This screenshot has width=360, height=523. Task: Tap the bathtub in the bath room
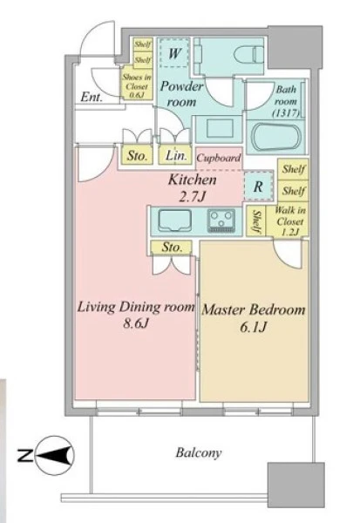(276, 137)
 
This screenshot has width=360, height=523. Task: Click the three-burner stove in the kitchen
(221, 221)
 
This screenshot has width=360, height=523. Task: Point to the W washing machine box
(173, 53)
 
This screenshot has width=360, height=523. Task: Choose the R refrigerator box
(258, 187)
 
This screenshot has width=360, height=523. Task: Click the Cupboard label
(219, 158)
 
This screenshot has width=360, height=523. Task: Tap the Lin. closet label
(176, 155)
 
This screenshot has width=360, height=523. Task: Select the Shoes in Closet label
(137, 85)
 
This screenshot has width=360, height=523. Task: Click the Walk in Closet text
(290, 221)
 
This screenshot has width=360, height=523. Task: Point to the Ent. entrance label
(91, 97)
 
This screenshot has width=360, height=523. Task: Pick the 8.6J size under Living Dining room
(135, 323)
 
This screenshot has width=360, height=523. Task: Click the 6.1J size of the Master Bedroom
(253, 327)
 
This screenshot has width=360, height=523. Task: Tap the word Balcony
(199, 452)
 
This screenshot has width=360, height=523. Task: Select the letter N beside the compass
(25, 456)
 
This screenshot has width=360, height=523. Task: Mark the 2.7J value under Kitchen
(192, 197)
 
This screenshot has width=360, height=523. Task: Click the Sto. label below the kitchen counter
(172, 248)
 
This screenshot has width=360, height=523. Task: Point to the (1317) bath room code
(286, 112)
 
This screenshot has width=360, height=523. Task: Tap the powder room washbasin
(219, 129)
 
